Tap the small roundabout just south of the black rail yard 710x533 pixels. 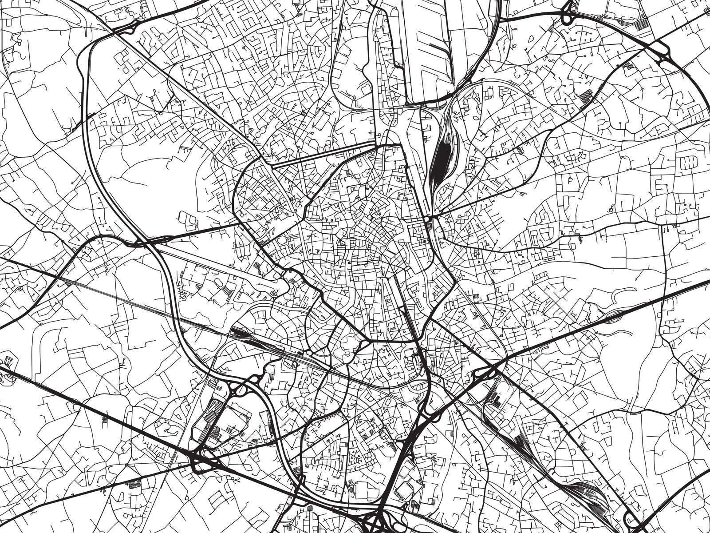(x=428, y=219)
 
